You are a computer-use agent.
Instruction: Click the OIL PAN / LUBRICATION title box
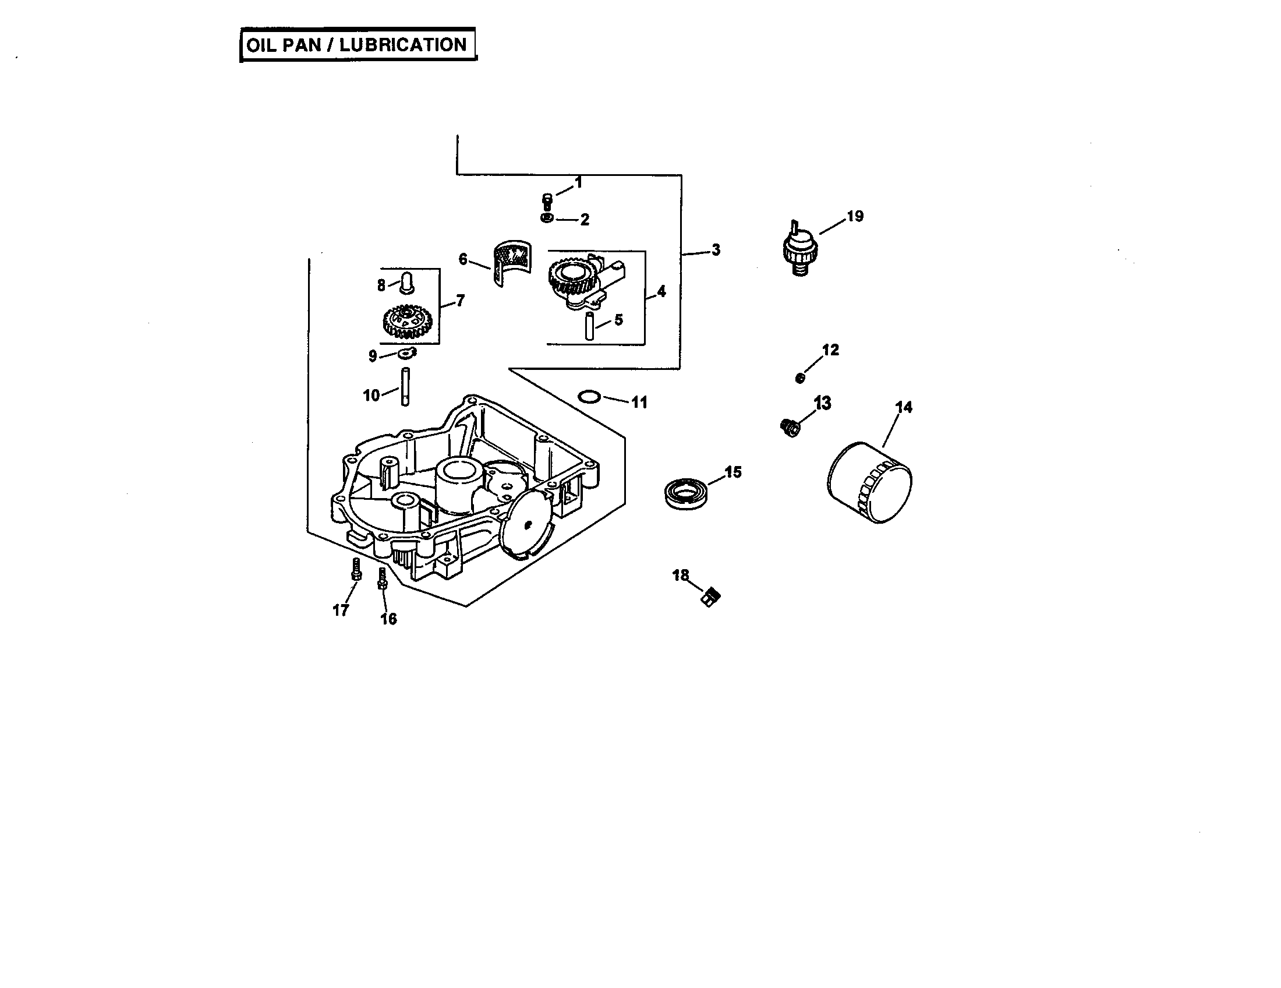tap(358, 45)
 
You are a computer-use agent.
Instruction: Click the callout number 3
tap(716, 250)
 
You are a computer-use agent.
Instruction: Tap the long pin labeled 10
tap(405, 386)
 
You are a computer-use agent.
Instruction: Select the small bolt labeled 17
tap(355, 569)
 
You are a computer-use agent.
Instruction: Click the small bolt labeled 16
tap(382, 578)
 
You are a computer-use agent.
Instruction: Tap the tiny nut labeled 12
tap(799, 379)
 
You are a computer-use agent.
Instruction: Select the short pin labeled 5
tap(589, 326)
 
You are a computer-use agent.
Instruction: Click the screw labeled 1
tap(547, 201)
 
